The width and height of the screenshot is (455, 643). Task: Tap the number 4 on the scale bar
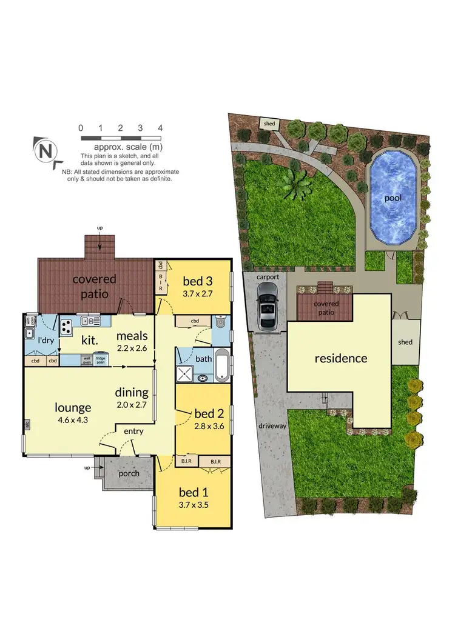160,128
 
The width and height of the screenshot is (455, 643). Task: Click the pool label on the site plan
393,198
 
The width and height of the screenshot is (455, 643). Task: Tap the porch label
129,473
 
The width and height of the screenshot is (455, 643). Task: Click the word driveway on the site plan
271,426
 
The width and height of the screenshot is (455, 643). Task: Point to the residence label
340,358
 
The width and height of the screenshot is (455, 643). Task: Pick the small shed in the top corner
269,124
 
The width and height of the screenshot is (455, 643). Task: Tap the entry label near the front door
133,431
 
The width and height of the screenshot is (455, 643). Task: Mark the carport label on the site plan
268,277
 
